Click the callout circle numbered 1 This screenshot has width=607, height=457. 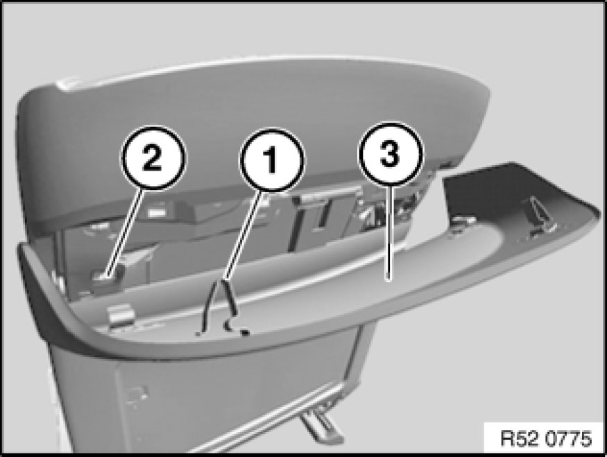(x=272, y=159)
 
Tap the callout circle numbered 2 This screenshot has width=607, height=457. (x=153, y=157)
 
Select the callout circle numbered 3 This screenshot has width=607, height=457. (x=390, y=155)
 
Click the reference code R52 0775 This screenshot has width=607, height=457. (x=546, y=439)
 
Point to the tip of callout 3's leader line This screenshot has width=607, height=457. (x=388, y=279)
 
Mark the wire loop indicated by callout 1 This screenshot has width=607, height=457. (x=219, y=306)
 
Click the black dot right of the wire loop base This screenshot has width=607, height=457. (x=245, y=331)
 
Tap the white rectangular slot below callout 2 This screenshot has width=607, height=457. (x=155, y=212)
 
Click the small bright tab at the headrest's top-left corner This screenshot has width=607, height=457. (x=69, y=85)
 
